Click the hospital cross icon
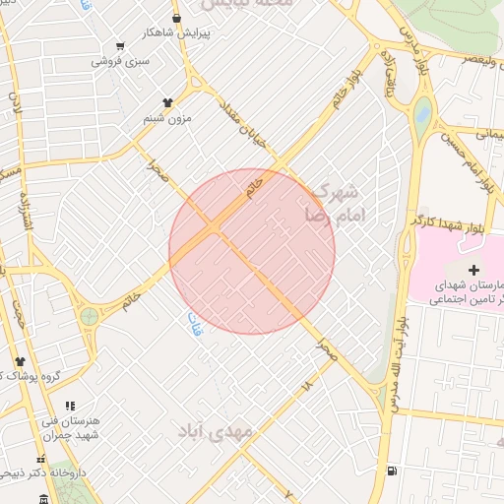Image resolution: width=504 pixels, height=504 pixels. point(474,270)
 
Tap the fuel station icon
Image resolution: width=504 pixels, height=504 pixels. point(393,471)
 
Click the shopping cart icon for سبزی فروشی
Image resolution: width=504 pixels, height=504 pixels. point(120,45)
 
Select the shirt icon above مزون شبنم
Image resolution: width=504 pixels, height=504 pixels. point(167,101)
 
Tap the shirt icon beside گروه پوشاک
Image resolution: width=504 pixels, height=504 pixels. point(19,361)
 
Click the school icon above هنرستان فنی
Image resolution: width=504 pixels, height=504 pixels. point(69,405)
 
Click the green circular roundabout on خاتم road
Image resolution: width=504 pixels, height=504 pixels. point(90,317)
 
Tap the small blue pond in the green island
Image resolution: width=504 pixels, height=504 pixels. point(423,112)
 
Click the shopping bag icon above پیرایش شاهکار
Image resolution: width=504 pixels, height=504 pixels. point(176,18)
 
